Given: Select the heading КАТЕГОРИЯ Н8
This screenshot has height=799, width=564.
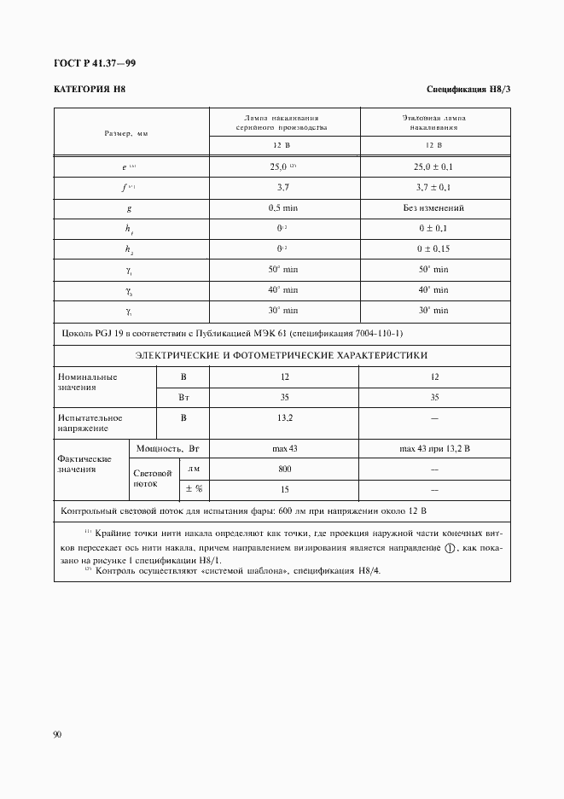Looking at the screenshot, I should click(x=90, y=90).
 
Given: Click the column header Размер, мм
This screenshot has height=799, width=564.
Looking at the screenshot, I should click(x=126, y=134).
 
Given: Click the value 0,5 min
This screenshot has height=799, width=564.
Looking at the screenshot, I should click(x=284, y=207).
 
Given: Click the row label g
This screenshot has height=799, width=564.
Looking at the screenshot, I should click(x=128, y=207).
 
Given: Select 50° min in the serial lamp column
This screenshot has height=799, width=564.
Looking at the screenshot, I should click(x=284, y=269).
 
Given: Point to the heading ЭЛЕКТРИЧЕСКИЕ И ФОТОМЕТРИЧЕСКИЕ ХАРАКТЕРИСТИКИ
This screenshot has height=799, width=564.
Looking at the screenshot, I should click(x=282, y=355).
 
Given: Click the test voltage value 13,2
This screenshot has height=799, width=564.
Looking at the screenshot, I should click(x=284, y=418).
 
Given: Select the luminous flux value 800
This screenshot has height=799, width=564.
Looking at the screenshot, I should click(x=284, y=469).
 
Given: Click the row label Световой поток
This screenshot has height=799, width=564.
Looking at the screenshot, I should click(x=153, y=478).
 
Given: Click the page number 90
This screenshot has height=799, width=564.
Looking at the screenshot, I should click(x=58, y=733).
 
